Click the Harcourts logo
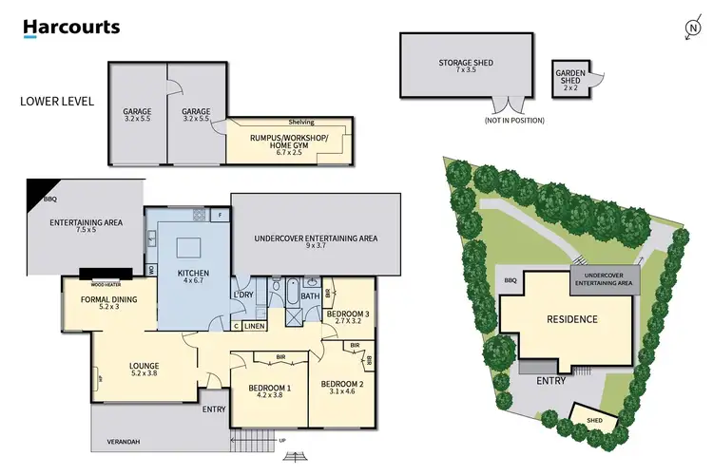click(71, 27)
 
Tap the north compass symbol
click(692, 29)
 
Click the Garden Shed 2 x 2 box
click(570, 77)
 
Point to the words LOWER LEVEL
click(57, 100)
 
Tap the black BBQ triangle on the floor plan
click(42, 190)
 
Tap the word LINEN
click(254, 327)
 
